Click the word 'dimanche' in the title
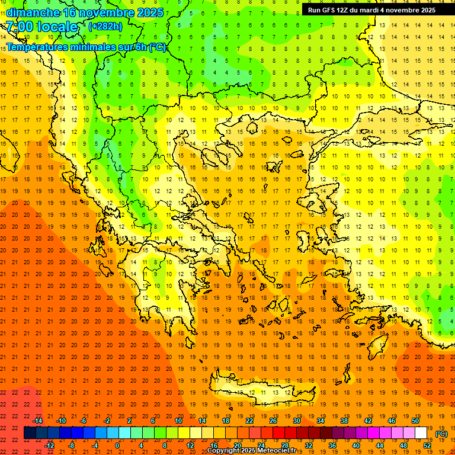[33, 12]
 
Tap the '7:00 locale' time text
[41, 27]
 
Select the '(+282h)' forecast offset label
[105, 26]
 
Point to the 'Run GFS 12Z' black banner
[371, 9]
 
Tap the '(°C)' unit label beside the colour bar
[441, 434]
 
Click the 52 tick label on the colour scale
[427, 445]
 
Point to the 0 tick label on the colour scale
[117, 445]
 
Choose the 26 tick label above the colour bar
[273, 421]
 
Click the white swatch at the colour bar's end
[421, 433]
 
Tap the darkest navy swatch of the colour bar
[30, 433]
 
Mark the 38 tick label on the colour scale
[344, 421]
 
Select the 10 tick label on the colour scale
[178, 421]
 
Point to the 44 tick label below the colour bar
[380, 445]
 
